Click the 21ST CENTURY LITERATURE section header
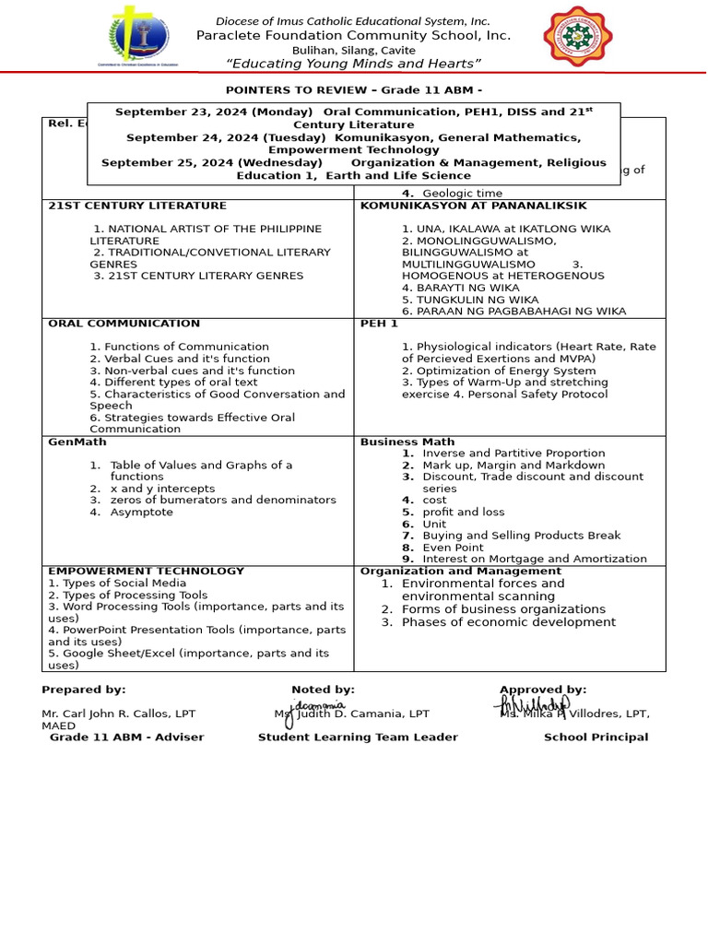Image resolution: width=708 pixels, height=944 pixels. (x=136, y=206)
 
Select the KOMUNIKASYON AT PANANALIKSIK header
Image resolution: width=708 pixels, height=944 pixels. (x=473, y=206)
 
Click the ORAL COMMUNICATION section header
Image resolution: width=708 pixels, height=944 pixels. (x=124, y=324)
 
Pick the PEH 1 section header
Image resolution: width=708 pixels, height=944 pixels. (x=379, y=324)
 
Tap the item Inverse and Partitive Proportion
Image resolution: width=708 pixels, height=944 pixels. (x=513, y=453)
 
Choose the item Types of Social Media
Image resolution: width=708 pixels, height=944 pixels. (x=117, y=583)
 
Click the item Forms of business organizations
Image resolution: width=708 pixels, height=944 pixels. (x=503, y=609)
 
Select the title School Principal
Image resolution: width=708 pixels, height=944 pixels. (x=596, y=737)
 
